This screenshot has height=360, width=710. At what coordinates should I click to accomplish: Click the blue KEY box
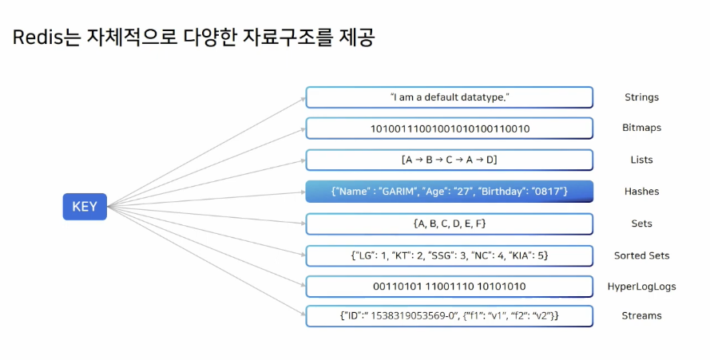85,207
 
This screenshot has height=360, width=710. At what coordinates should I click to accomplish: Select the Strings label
641,97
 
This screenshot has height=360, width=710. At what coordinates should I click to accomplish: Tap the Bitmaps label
641,128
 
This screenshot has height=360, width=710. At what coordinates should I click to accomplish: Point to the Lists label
641,160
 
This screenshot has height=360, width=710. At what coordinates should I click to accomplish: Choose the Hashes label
641,192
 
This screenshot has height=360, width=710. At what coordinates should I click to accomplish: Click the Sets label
641,224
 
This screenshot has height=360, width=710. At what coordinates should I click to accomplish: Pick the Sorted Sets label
641,255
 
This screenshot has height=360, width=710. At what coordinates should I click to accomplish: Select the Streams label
641,315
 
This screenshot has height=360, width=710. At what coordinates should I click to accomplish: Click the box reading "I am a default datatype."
449,97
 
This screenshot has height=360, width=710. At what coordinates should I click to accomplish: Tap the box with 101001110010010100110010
449,129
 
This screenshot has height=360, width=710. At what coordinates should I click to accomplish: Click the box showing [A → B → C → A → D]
449,160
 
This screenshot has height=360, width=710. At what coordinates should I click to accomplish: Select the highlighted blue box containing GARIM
449,192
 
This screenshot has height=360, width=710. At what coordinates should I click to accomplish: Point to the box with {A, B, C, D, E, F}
449,224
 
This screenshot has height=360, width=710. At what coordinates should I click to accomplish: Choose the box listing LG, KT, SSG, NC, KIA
449,255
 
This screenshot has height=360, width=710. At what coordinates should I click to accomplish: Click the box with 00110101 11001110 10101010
449,286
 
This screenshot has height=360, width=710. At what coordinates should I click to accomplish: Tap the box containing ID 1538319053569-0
449,315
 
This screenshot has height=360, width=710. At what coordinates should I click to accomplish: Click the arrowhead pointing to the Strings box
303,99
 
